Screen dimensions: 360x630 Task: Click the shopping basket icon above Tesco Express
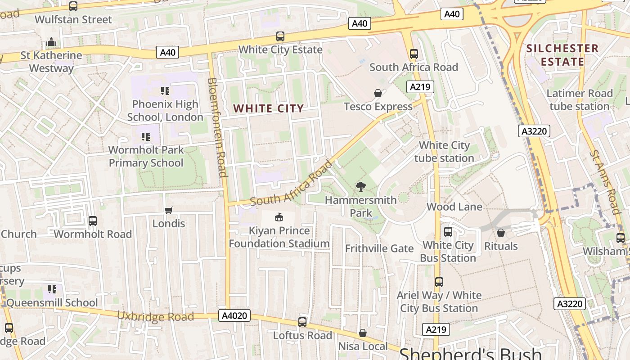click(x=378, y=93)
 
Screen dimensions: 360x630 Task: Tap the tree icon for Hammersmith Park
click(x=360, y=187)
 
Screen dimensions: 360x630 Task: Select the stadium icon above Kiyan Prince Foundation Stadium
click(x=279, y=217)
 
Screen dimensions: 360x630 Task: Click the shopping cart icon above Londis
click(x=169, y=210)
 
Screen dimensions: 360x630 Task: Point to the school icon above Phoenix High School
click(x=165, y=91)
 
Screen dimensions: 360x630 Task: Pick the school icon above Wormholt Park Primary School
click(x=145, y=136)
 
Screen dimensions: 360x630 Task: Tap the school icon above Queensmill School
click(x=52, y=289)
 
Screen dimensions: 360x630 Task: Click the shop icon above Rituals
click(x=501, y=233)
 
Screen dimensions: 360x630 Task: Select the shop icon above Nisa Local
click(x=363, y=333)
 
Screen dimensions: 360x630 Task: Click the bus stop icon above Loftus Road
click(x=302, y=322)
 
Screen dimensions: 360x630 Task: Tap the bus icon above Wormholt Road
click(x=93, y=221)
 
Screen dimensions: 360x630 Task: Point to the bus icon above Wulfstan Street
click(x=73, y=6)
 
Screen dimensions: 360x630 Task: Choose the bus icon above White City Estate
click(x=280, y=36)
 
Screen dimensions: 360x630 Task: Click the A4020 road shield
click(x=235, y=315)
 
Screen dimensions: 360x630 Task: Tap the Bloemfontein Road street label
click(x=216, y=127)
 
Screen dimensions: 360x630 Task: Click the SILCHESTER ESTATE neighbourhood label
click(x=562, y=55)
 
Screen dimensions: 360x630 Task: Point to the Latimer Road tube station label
click(x=580, y=100)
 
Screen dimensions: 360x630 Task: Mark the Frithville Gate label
click(x=379, y=248)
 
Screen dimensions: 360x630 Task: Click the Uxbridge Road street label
click(x=156, y=316)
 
